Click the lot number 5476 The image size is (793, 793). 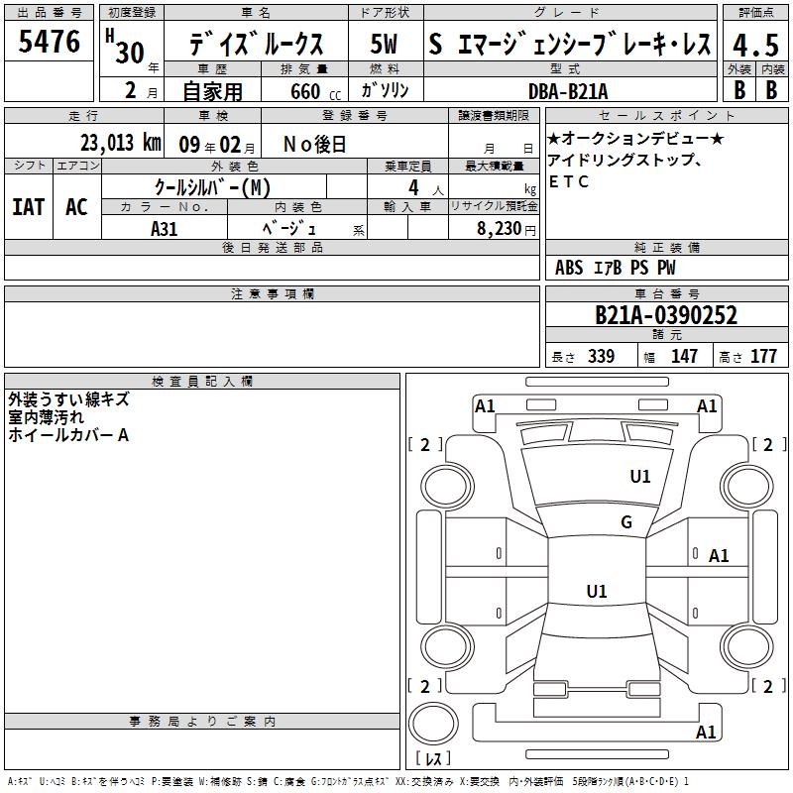49,41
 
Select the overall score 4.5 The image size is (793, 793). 755,45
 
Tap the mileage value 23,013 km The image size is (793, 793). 120,143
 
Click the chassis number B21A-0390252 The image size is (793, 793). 666,315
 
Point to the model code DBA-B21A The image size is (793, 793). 568,91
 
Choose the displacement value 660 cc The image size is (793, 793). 315,92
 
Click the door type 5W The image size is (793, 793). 384,44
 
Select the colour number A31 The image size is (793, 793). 164,229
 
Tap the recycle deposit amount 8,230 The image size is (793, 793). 500,229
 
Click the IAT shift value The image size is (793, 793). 29,207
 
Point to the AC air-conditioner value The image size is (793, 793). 76,207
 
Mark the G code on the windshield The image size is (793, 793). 626,522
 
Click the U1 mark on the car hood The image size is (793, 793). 639,477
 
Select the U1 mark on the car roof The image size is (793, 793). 597,591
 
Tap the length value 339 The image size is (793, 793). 601,357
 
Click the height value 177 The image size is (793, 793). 763,357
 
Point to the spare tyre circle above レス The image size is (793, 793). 433,724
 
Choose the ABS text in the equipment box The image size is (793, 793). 569,268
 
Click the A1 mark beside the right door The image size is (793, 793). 719,556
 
